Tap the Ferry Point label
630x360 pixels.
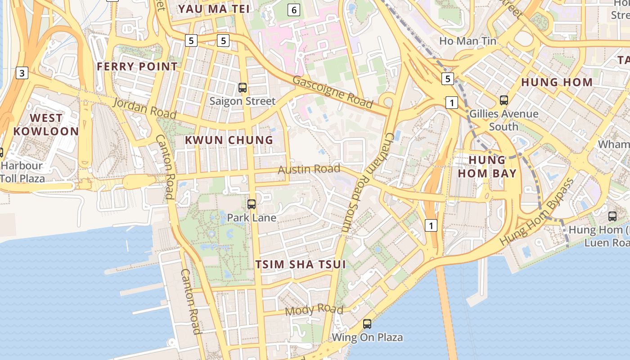coord(137,67)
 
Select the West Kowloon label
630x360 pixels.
coord(46,125)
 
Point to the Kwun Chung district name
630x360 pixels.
coord(229,140)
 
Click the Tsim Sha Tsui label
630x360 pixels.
coord(301,264)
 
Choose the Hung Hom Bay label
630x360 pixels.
coord(487,166)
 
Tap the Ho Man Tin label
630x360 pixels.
coord(468,41)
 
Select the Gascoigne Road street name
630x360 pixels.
coord(333,92)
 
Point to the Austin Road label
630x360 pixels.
coord(309,169)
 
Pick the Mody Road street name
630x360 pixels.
coord(314,310)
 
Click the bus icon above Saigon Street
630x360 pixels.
coord(243,88)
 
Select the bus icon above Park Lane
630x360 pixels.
coord(252,204)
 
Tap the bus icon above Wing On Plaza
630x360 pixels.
coord(367,324)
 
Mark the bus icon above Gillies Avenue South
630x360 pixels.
coord(504,100)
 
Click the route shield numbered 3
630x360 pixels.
coord(22,72)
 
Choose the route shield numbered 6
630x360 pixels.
coord(294,9)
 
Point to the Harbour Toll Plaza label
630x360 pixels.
coord(22,172)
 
